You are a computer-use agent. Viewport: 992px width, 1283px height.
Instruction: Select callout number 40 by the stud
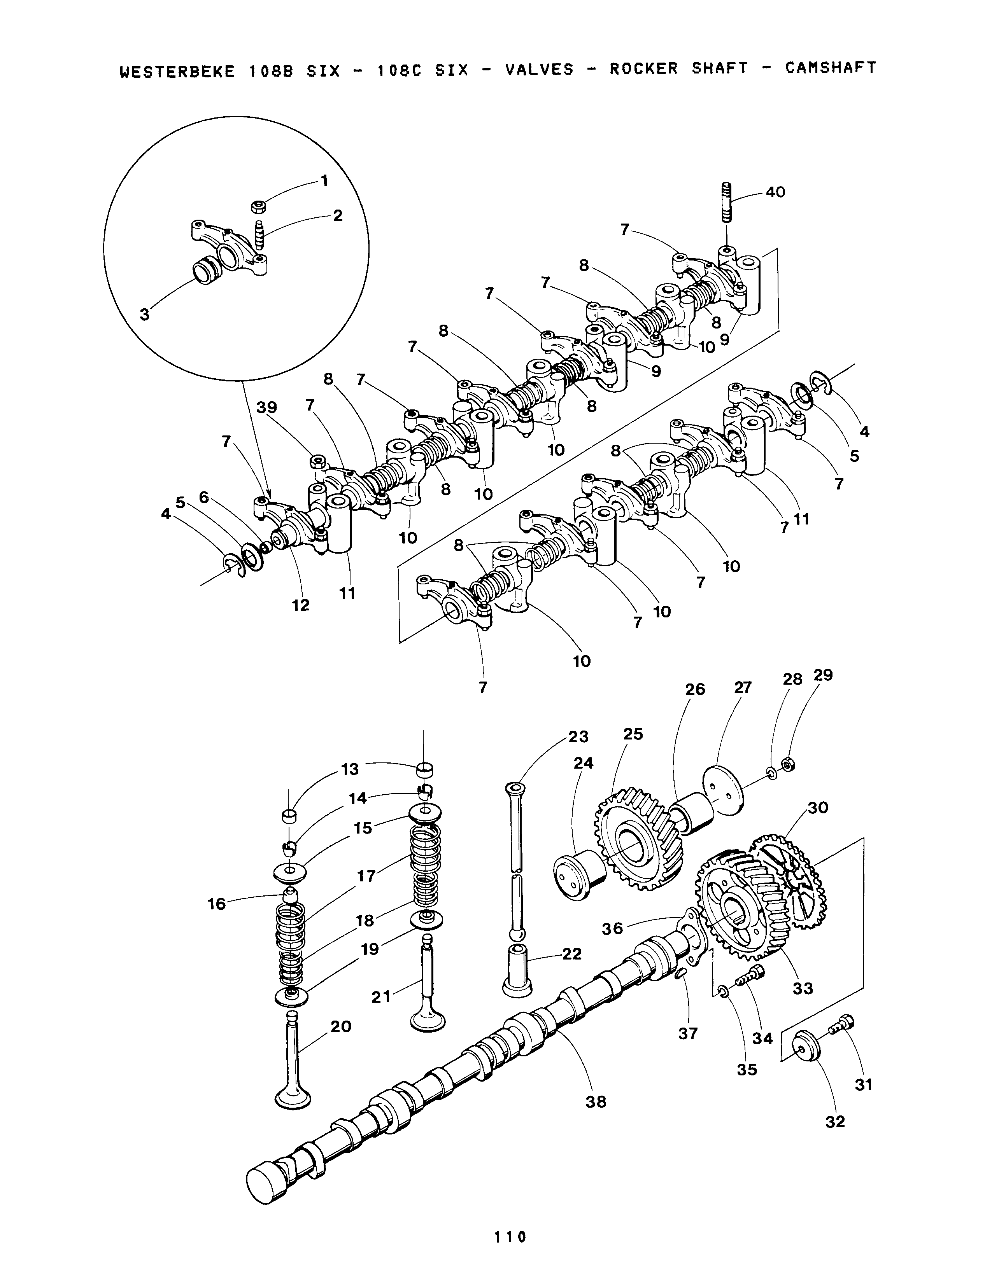[775, 192]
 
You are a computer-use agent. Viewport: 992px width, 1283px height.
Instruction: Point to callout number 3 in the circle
[145, 314]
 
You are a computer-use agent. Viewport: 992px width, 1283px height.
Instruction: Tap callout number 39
[267, 407]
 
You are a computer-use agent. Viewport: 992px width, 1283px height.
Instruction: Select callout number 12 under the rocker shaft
[300, 605]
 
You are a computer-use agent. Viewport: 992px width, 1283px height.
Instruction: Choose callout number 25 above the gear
[633, 734]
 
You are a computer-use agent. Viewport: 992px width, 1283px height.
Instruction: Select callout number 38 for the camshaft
[596, 1101]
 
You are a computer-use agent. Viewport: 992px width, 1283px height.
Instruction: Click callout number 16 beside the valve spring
[217, 904]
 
